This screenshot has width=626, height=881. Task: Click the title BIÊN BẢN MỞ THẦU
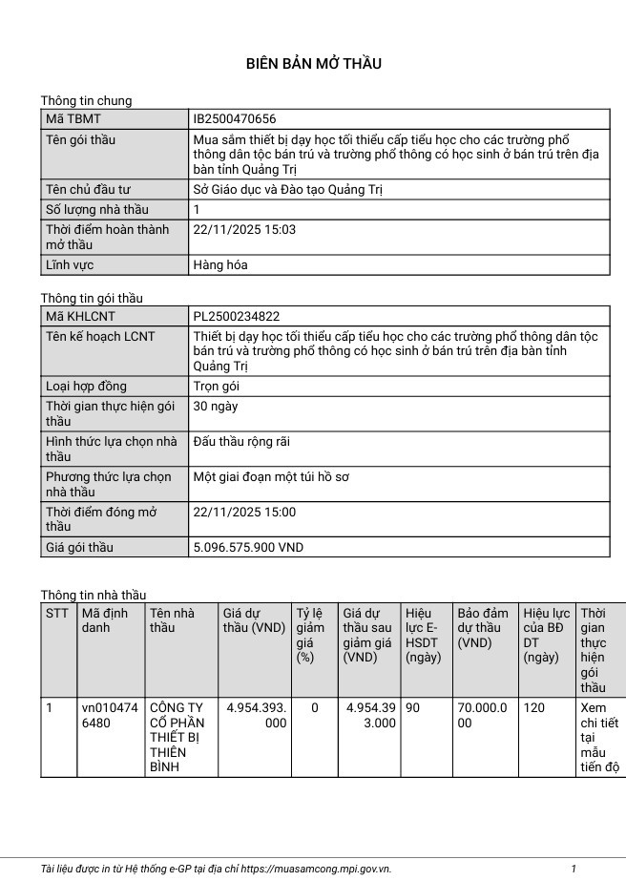click(313, 64)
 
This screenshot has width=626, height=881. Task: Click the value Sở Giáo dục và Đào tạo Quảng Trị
click(287, 189)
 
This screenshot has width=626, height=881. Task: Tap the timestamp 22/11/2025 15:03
click(244, 229)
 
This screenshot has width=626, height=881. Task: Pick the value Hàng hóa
click(219, 264)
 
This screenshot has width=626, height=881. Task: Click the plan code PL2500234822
click(237, 316)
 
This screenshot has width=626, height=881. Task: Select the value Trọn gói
click(216, 387)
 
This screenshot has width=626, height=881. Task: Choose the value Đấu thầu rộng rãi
click(241, 441)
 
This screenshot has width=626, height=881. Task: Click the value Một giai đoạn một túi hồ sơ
click(271, 476)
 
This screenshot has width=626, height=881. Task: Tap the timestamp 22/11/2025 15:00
click(244, 512)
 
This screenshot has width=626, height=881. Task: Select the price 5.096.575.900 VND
click(248, 547)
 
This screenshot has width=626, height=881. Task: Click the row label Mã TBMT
click(73, 119)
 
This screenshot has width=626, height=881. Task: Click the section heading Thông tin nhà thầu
click(94, 595)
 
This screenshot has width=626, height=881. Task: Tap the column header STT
click(57, 613)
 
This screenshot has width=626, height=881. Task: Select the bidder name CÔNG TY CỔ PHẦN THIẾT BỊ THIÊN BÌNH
click(177, 737)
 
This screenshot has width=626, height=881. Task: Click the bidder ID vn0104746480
click(110, 716)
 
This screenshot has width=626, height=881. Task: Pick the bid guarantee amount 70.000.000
click(482, 716)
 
